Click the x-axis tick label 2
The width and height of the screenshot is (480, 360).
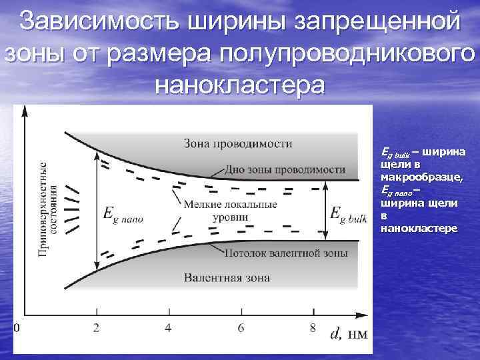97,327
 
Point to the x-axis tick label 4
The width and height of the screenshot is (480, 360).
167,327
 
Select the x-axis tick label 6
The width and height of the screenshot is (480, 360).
241,327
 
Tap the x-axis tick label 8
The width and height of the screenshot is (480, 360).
313,327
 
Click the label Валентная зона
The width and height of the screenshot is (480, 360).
227,277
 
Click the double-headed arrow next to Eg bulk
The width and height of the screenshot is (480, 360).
325,211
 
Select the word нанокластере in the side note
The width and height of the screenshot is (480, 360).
418,228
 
